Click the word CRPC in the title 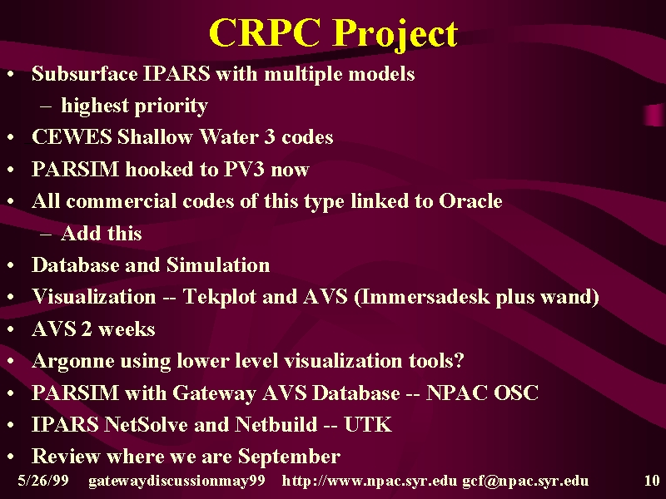(264, 33)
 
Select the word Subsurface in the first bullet (85, 73)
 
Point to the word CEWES (72, 136)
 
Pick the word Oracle (470, 200)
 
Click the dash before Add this (46, 235)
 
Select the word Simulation (218, 264)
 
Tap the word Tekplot (219, 297)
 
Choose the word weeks (127, 329)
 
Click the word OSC (516, 393)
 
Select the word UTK (368, 424)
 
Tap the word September (289, 457)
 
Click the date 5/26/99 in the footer (43, 481)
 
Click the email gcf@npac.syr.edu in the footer (525, 482)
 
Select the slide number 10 (652, 481)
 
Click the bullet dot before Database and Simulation (11, 265)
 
